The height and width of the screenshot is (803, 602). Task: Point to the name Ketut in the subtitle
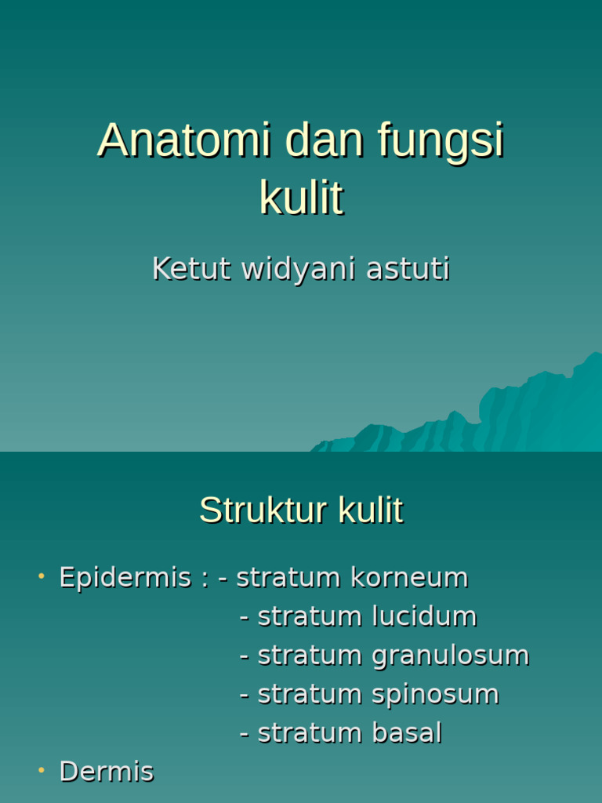click(191, 269)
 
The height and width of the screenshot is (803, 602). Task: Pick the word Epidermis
click(125, 578)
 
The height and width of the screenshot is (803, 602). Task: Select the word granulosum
click(450, 656)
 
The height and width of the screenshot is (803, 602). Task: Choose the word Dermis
click(107, 772)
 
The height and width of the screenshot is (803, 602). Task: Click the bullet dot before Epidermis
click(41, 577)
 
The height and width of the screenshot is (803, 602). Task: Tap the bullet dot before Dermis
click(41, 772)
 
